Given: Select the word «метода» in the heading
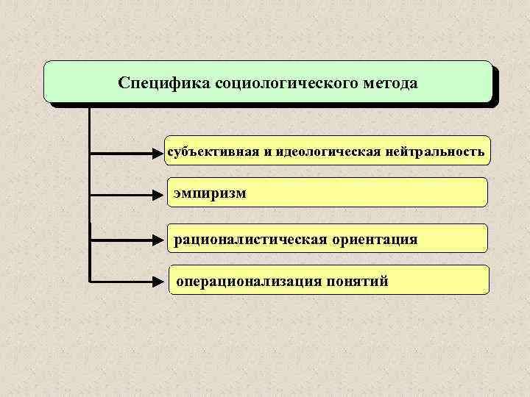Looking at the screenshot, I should (x=391, y=82).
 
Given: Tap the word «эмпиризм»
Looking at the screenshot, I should (x=211, y=194).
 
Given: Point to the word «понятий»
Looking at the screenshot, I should (x=363, y=281).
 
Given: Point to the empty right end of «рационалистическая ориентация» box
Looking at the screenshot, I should (x=456, y=239).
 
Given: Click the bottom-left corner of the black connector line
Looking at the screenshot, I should (x=90, y=280).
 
